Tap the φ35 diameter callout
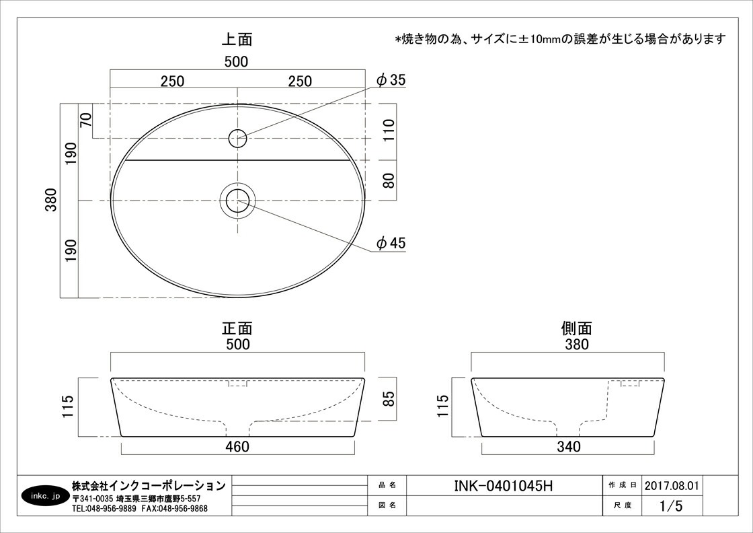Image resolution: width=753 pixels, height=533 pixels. (x=391, y=80)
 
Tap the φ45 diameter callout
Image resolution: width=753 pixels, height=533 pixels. (x=391, y=243)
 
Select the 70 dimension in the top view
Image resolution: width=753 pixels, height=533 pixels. (x=86, y=120)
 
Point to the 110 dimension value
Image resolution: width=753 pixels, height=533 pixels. (x=389, y=130)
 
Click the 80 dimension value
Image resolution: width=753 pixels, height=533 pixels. (x=389, y=180)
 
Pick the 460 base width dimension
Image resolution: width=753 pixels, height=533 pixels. (x=238, y=447)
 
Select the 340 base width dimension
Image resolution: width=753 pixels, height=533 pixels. (x=569, y=447)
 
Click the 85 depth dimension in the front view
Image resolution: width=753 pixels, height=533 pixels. (x=389, y=398)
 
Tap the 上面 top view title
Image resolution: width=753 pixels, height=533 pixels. (x=237, y=39)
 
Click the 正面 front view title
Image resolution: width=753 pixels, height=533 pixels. (x=237, y=328)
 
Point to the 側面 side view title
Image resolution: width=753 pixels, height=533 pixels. (x=576, y=328)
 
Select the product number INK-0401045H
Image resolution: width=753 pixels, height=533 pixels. (x=504, y=486)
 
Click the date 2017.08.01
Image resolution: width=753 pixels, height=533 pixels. (x=672, y=485)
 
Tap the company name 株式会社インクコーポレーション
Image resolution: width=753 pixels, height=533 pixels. (x=149, y=485)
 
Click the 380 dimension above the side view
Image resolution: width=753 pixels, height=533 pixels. (x=576, y=344)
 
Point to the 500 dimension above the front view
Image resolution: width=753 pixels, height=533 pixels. (x=238, y=344)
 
